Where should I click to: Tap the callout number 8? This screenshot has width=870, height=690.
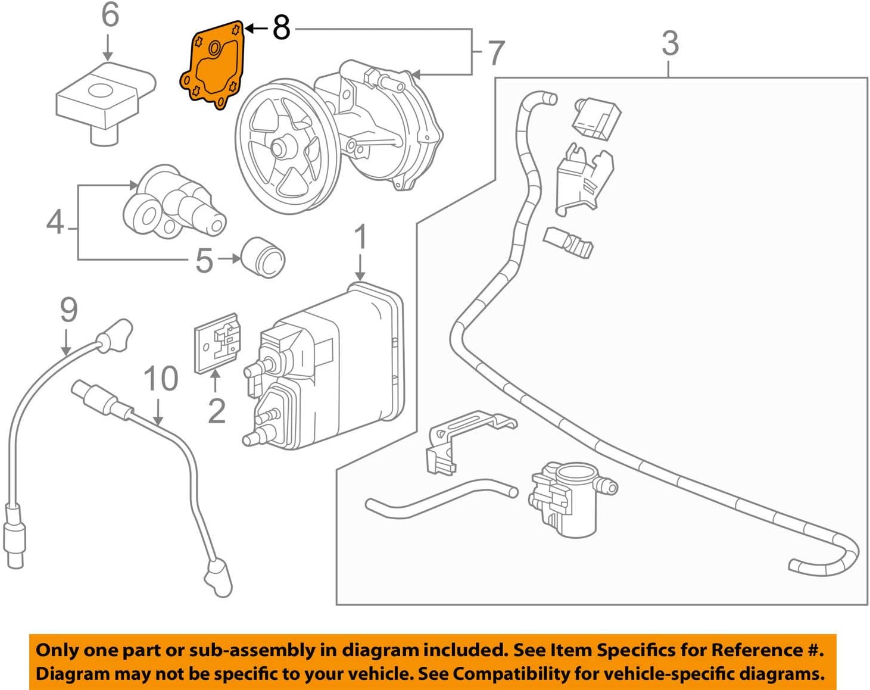coord(281,27)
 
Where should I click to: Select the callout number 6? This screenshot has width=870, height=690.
coord(110,15)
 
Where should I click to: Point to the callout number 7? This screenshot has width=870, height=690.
coord(495,53)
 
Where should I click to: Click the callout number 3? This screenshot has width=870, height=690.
coord(670,43)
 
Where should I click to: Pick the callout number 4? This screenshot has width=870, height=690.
coord(55,222)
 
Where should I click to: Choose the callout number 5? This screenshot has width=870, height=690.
coord(204,260)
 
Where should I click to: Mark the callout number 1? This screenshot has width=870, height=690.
coord(360,238)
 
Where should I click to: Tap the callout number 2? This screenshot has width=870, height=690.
coord(216,411)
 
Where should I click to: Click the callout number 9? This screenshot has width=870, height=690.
coord(68,310)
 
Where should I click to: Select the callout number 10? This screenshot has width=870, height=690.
coord(161,379)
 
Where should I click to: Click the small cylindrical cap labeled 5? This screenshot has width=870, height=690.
coord(264,258)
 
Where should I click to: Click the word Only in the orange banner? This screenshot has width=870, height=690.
coord(57,650)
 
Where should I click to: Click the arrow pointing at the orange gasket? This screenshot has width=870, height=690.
coord(257,28)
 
